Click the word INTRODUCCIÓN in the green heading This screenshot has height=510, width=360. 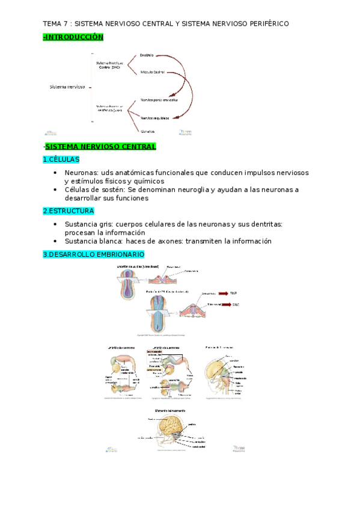point(75,37)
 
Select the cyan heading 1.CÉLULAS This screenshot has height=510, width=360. point(61,159)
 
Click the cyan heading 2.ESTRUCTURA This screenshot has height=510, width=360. point(69,211)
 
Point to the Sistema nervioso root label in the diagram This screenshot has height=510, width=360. point(67,87)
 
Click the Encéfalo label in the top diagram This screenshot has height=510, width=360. point(147,55)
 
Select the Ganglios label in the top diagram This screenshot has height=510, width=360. point(148,131)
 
